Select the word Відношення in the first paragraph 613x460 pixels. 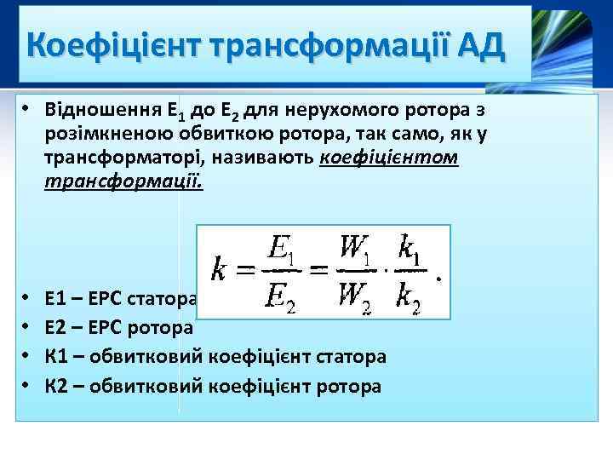(x=100, y=112)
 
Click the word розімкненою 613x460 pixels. (x=112, y=135)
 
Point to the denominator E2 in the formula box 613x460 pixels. (x=282, y=298)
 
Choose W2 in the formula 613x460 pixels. (x=356, y=298)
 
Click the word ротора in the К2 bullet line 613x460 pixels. (x=348, y=385)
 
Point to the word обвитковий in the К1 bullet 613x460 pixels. (x=152, y=356)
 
